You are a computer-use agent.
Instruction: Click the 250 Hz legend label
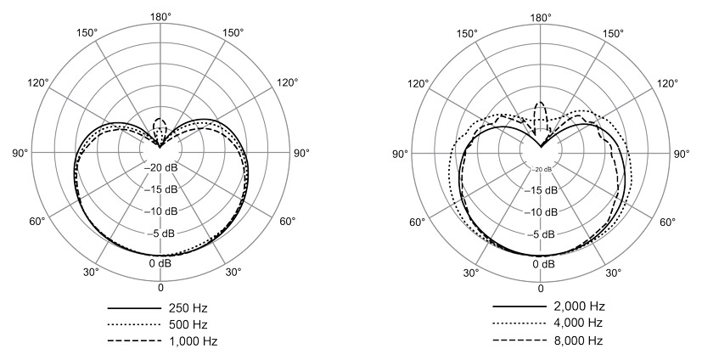click(x=188, y=308)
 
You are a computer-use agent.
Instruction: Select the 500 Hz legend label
click(x=188, y=324)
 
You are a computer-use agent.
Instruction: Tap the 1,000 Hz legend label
click(x=194, y=341)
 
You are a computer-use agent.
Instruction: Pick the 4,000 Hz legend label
click(x=575, y=323)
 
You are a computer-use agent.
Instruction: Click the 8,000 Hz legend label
click(x=575, y=340)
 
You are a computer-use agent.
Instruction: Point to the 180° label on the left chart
click(x=160, y=18)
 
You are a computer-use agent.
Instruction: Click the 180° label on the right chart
click(x=541, y=18)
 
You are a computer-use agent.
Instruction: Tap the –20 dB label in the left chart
click(x=160, y=168)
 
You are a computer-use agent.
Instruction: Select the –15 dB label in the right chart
click(x=541, y=190)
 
